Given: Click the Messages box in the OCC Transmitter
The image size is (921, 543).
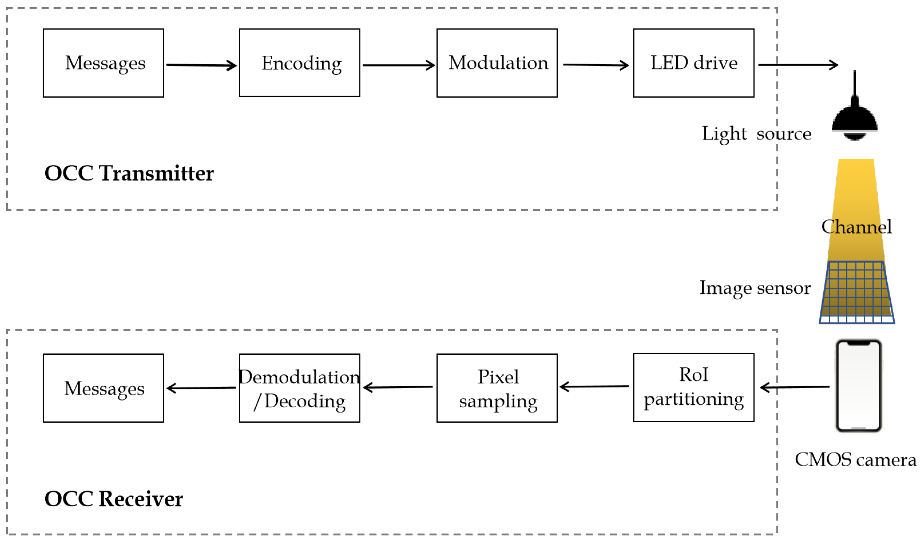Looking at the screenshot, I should (103, 63).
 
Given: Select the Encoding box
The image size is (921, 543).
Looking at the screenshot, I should (300, 63).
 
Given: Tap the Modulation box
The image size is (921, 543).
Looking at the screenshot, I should (497, 63).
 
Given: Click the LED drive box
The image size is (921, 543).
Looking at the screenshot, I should (693, 63).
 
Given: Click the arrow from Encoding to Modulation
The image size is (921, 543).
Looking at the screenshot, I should (399, 66).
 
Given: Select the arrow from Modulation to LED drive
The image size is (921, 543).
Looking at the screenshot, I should (595, 65).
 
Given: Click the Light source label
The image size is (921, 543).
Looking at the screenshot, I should (756, 134).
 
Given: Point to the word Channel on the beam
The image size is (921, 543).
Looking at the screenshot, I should (856, 227).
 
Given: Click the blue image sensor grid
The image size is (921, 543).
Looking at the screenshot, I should (857, 292).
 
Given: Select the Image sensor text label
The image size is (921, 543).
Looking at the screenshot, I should (755, 288).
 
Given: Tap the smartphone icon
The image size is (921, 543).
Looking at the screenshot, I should (859, 386).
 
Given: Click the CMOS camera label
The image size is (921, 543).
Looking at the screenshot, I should (855, 460).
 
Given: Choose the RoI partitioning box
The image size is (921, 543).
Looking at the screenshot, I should (693, 388).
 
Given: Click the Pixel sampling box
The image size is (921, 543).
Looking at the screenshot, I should (497, 388).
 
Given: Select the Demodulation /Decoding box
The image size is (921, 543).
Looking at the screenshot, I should (300, 388).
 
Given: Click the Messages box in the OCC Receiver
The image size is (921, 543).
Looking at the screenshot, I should (103, 388).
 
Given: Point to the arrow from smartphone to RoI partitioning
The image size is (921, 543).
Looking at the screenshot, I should (795, 387).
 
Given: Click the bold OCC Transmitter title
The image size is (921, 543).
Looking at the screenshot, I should (129, 174).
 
